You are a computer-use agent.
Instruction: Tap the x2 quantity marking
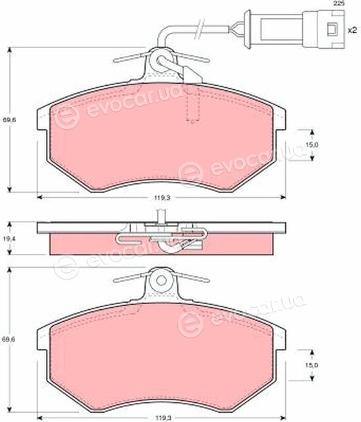coord(352,30)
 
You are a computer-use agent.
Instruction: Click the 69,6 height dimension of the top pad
coord(9,120)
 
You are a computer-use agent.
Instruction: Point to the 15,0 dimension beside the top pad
coord(312,145)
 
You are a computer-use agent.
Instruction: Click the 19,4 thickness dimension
coord(9,238)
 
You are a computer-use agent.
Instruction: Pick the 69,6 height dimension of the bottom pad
coord(9,340)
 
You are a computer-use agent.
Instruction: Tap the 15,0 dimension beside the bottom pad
coord(312,365)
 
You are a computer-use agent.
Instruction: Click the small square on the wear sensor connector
coord(333,29)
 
